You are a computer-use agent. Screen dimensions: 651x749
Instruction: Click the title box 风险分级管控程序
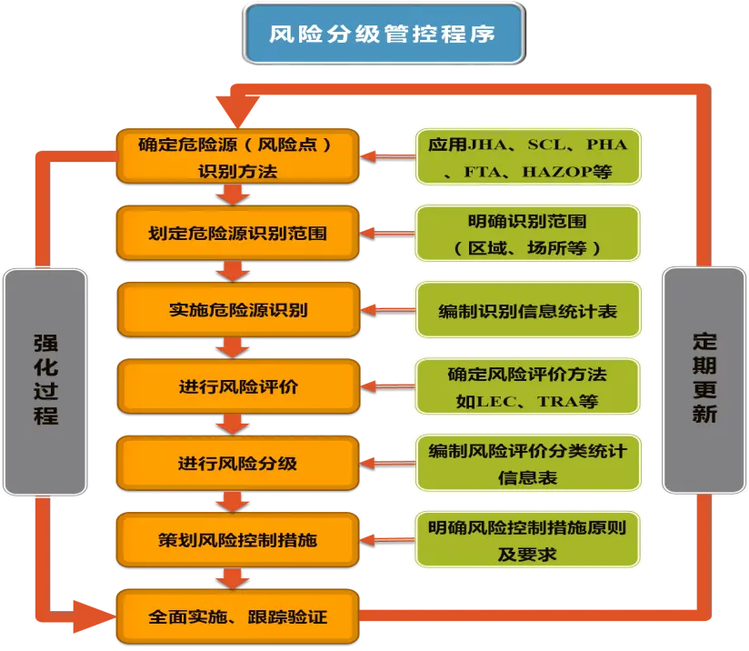point(384,35)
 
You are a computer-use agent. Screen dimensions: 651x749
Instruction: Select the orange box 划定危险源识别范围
point(237,234)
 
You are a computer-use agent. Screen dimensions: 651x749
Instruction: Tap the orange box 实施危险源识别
point(237,310)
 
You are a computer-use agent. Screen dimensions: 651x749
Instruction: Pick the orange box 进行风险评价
point(237,387)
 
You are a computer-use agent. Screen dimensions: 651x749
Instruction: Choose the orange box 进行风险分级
point(237,464)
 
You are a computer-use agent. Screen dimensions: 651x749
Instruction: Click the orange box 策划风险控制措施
point(237,540)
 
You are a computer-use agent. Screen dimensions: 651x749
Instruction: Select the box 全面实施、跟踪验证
point(237,617)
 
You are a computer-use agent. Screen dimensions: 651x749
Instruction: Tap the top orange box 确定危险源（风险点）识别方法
point(237,157)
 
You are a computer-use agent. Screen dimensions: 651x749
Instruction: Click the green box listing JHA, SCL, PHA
point(527,157)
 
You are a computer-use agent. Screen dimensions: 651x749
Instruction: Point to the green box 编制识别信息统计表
point(527,311)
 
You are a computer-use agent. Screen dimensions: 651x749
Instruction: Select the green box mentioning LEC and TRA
point(527,387)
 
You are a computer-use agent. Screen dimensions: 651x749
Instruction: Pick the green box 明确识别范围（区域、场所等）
point(527,234)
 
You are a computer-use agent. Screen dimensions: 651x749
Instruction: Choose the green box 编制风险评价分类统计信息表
point(527,464)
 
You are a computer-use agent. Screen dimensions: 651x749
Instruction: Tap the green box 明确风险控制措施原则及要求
point(527,540)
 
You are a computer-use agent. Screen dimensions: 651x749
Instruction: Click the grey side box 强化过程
point(45,382)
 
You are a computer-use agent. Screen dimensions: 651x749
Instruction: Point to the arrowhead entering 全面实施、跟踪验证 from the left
point(98,616)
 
